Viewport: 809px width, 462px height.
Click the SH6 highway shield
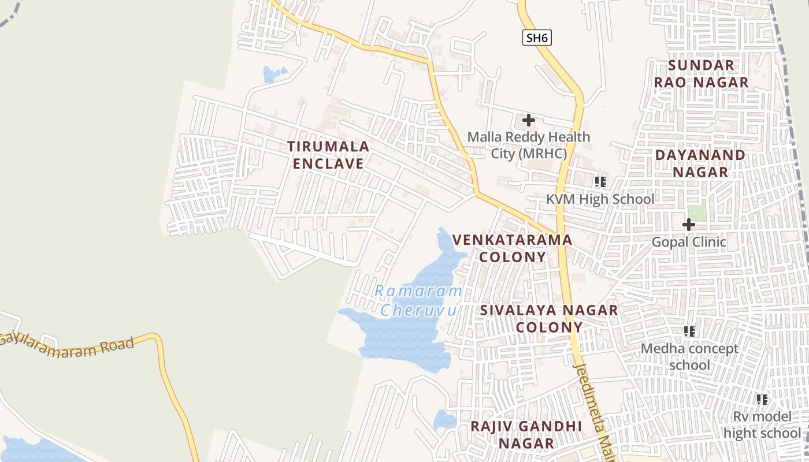tap(537, 38)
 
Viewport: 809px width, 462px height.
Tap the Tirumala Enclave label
tap(328, 155)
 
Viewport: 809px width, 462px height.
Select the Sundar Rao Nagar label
tap(701, 73)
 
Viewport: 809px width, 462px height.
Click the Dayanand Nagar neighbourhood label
tap(700, 163)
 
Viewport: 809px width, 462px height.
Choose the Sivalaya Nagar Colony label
tap(549, 318)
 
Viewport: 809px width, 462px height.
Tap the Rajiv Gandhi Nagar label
tap(526, 434)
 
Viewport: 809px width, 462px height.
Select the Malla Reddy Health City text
tap(529, 145)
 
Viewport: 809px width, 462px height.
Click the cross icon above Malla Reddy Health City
tap(528, 120)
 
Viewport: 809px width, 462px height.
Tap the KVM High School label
tap(600, 199)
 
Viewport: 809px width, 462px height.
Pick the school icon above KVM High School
tap(600, 182)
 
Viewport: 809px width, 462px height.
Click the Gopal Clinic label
tap(689, 241)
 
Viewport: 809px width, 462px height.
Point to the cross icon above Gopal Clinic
tap(688, 224)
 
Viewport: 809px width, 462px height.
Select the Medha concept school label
tap(689, 356)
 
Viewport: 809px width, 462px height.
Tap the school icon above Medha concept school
tap(689, 331)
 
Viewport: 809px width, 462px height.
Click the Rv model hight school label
tap(762, 424)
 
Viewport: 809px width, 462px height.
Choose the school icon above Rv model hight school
tap(762, 399)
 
